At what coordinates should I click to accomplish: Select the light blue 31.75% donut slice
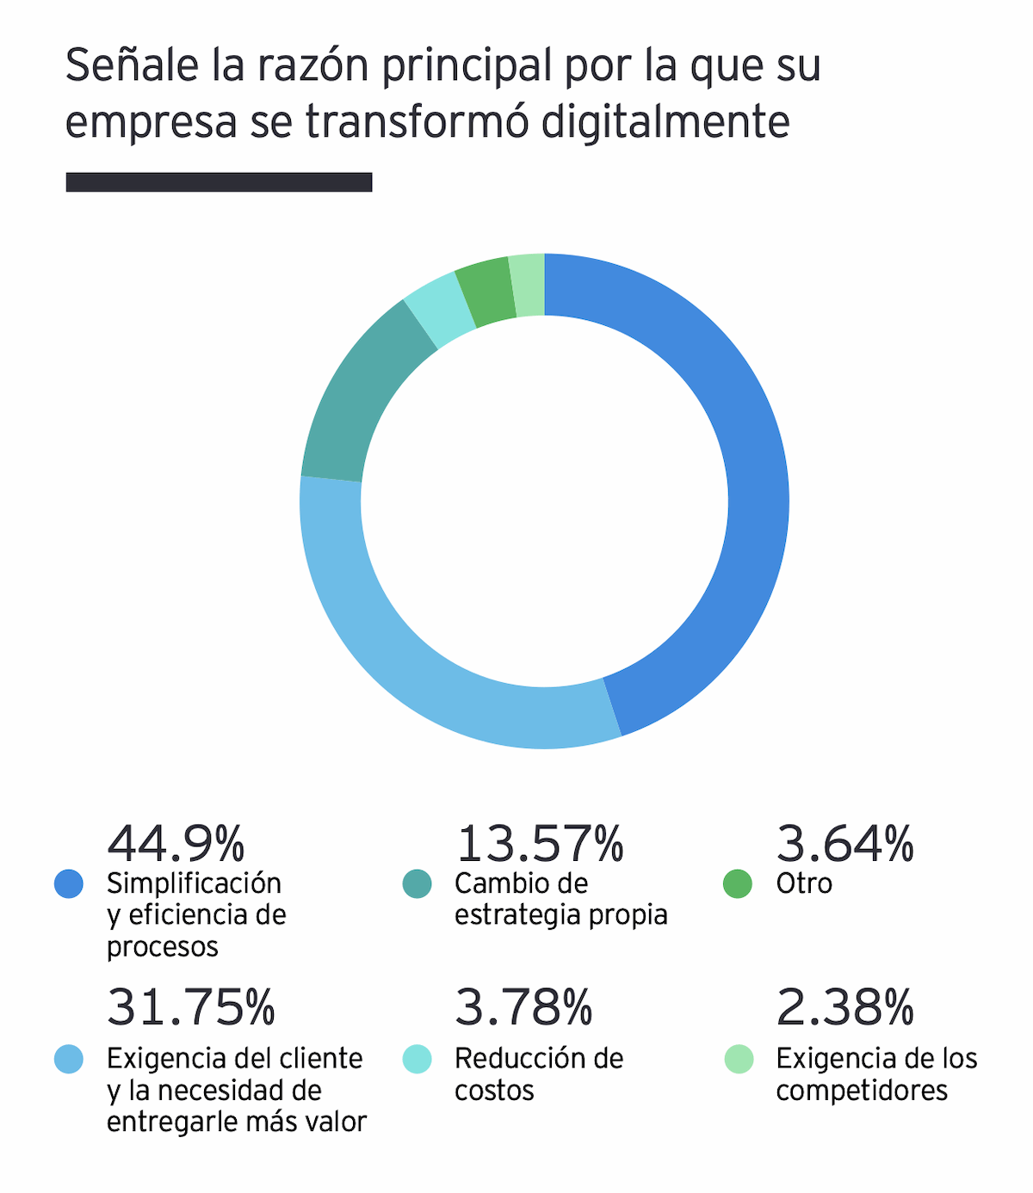405,654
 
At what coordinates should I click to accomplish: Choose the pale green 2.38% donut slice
528,286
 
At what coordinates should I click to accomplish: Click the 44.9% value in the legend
176,844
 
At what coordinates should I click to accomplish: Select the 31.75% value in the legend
190,1007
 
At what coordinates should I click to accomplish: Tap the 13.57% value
539,844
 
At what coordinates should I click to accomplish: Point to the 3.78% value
523,1007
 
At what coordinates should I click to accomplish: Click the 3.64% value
844,844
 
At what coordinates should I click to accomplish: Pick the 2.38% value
844,1007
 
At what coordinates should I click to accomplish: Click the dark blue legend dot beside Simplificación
69,883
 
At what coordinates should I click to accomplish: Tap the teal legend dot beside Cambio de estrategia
418,883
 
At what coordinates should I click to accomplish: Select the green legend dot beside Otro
738,883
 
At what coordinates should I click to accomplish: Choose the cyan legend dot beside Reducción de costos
418,1059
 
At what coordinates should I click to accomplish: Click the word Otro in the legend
804,883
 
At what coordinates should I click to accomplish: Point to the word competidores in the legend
861,1091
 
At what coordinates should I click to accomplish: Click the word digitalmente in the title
665,121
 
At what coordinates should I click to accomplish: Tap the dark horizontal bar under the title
219,182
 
